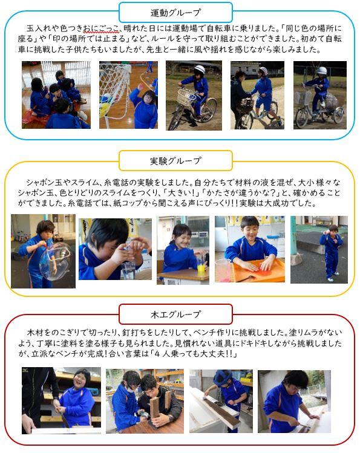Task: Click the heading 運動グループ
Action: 175,13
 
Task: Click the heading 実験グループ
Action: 175,161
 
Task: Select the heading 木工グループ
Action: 175,314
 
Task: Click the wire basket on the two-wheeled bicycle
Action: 186,97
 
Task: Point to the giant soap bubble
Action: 55,261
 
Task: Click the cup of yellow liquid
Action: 201,269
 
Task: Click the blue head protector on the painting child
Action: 223,376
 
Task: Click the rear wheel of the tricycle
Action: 338,114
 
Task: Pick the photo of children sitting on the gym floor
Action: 56,95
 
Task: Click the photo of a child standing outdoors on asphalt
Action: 319,249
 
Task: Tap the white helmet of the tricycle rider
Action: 321,71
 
